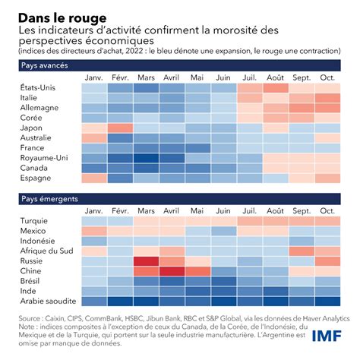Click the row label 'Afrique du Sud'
click(36, 251)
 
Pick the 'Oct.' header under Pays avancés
click(327, 77)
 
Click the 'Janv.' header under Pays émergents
click(94, 210)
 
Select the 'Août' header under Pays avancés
click(276, 77)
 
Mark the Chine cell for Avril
click(172, 270)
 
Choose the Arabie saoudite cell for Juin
click(224, 299)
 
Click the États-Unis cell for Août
click(276, 88)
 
